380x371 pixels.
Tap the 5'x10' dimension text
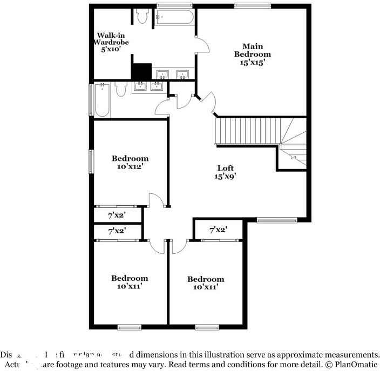click(112, 49)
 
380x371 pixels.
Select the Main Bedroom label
click(252, 50)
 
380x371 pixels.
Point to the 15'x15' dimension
click(252, 62)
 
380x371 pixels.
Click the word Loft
click(225, 167)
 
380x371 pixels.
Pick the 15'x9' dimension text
click(225, 176)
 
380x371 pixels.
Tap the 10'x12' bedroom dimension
click(130, 167)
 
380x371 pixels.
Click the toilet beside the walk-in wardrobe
click(142, 16)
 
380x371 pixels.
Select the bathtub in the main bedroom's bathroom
click(174, 17)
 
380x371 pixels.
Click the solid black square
click(141, 71)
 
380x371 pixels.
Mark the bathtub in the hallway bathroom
click(102, 100)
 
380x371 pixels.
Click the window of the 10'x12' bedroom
click(91, 160)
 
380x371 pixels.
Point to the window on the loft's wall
click(276, 220)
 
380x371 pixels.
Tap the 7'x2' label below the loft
click(218, 230)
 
